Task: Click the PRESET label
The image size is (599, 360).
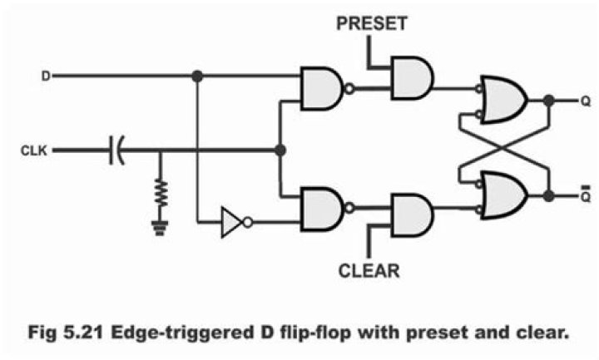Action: point(371,24)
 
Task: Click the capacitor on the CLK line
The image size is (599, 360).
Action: point(118,150)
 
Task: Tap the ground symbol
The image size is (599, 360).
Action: point(160,226)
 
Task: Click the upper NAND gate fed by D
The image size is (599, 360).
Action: point(322,87)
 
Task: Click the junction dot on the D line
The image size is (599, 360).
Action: point(197,76)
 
